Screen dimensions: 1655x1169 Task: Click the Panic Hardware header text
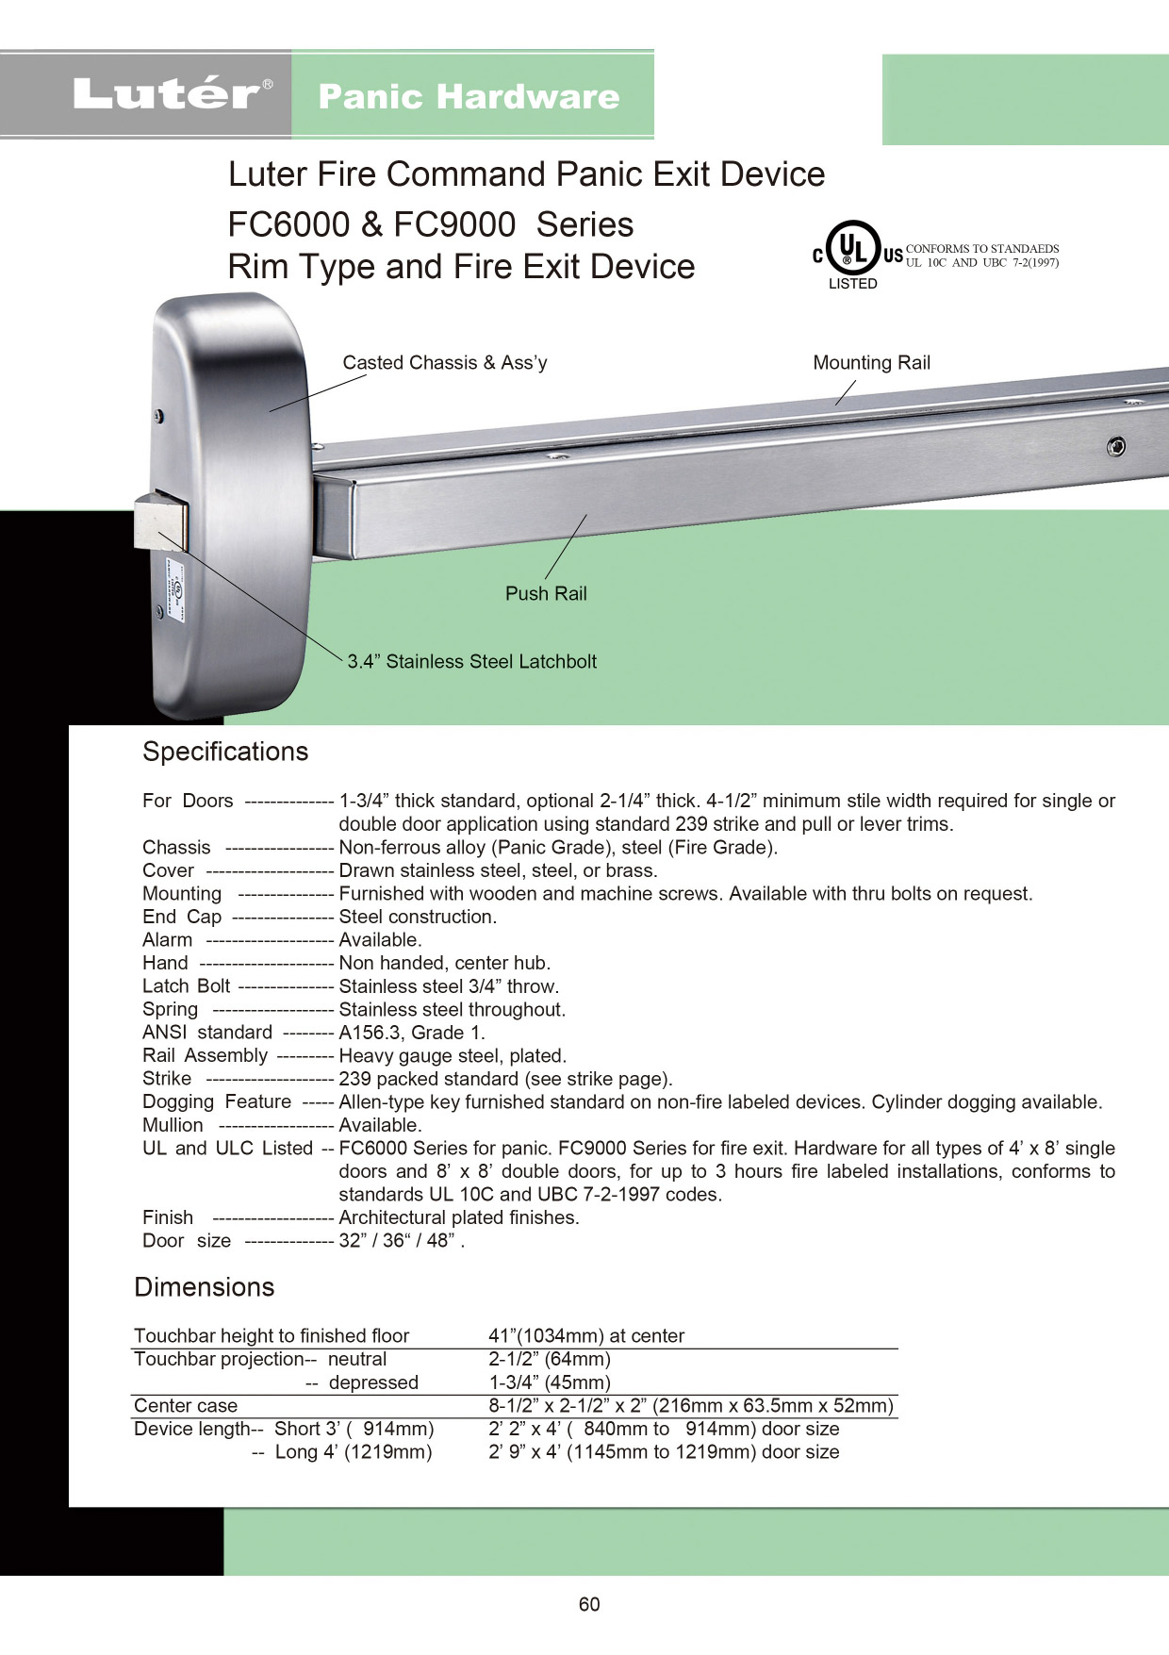469,96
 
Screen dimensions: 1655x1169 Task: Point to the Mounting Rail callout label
871,363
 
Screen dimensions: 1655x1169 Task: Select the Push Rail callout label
546,594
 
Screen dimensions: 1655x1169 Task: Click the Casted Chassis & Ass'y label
445,363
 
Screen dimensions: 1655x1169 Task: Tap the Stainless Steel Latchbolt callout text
472,662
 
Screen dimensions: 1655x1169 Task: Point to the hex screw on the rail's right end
1116,446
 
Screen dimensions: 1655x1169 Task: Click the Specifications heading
225,752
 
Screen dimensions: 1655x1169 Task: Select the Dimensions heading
205,1287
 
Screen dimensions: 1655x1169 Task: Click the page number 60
589,1604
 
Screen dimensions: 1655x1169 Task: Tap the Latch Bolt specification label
186,986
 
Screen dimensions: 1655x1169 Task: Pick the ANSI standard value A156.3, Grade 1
412,1033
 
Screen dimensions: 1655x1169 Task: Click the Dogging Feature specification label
217,1102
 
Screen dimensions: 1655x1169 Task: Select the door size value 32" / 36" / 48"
402,1241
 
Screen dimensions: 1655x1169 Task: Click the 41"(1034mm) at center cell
586,1336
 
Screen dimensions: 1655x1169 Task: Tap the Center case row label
186,1406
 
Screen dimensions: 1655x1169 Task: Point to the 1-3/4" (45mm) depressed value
550,1382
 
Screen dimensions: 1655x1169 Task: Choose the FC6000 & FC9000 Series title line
431,224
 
